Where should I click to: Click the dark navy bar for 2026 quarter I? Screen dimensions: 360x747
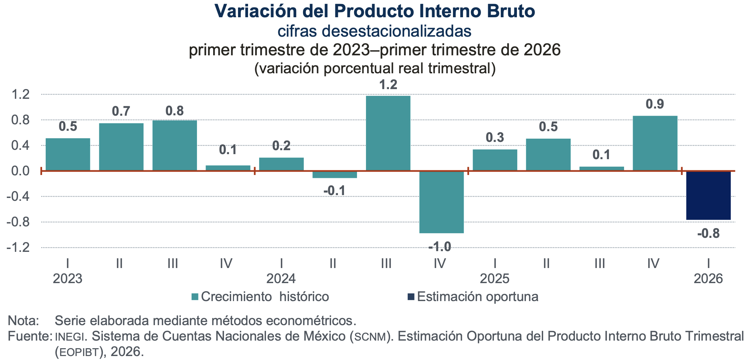pyautogui.click(x=708, y=195)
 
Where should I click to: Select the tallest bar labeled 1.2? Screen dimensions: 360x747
pyautogui.click(x=388, y=133)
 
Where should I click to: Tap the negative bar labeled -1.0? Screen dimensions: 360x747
pyautogui.click(x=441, y=202)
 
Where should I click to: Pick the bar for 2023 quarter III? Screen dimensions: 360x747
pyautogui.click(x=175, y=145)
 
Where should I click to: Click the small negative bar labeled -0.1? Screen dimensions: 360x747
pyautogui.click(x=335, y=174)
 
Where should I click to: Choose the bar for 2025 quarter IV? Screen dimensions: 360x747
pyautogui.click(x=655, y=143)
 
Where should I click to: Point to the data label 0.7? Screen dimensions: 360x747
pyautogui.click(x=121, y=111)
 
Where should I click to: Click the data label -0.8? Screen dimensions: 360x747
pyautogui.click(x=708, y=234)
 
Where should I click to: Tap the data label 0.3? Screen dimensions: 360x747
pyautogui.click(x=495, y=137)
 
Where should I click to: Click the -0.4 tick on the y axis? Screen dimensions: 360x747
pyautogui.click(x=18, y=197)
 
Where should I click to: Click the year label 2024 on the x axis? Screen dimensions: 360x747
pyautogui.click(x=281, y=278)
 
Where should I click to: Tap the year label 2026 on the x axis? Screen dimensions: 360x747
pyautogui.click(x=708, y=278)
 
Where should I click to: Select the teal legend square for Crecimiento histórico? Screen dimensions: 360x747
pyautogui.click(x=195, y=297)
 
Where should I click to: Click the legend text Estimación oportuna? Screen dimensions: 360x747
pyautogui.click(x=477, y=297)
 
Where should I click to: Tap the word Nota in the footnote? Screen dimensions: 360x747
pyautogui.click(x=22, y=320)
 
